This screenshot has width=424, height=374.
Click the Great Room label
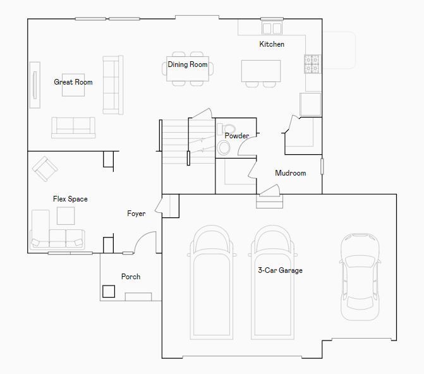click(73, 82)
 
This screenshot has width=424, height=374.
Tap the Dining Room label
click(188, 64)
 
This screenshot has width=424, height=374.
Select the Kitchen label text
click(272, 44)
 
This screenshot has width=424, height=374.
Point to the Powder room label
click(237, 135)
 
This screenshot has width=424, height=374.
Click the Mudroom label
click(291, 173)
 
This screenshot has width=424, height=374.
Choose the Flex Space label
click(70, 199)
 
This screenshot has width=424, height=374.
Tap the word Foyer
click(136, 214)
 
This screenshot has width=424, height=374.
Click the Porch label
click(131, 277)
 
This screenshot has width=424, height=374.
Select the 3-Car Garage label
click(280, 270)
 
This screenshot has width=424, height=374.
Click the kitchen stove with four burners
click(312, 64)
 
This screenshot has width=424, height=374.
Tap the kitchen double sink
click(272, 28)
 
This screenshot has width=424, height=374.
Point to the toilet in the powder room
click(226, 129)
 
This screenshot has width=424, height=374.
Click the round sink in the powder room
click(223, 148)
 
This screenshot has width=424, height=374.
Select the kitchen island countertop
click(261, 71)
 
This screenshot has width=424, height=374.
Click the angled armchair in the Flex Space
click(45, 169)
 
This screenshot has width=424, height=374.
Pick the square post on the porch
click(109, 291)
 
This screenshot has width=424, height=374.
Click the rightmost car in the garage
click(360, 277)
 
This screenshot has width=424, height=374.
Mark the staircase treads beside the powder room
click(188, 141)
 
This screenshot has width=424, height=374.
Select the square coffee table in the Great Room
click(73, 85)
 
